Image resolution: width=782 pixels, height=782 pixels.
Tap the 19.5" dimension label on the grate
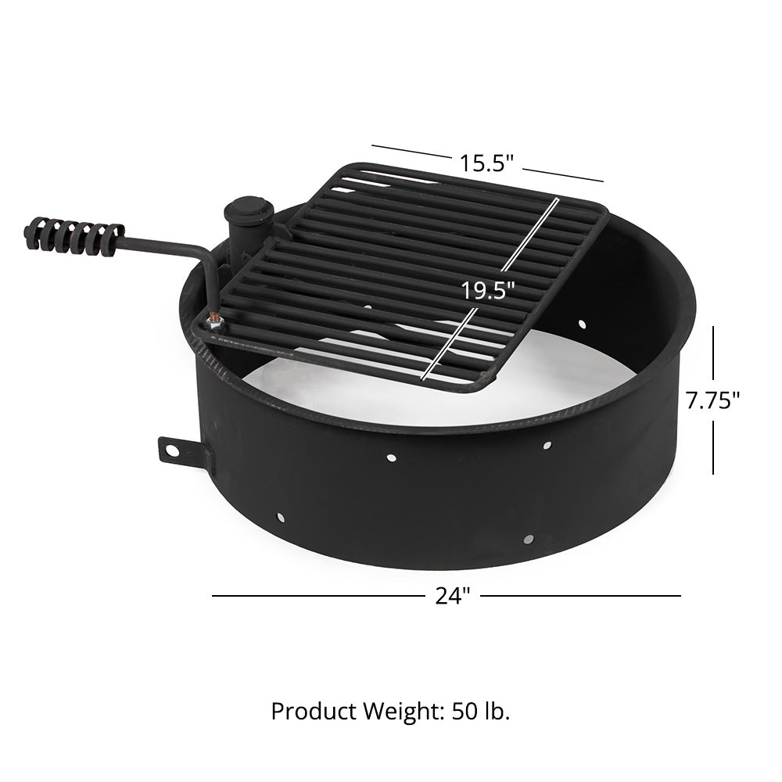(x=487, y=290)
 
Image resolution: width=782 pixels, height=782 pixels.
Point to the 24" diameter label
(x=453, y=596)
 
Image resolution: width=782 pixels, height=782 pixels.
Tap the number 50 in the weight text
(x=465, y=712)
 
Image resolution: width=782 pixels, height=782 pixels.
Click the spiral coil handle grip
(x=74, y=235)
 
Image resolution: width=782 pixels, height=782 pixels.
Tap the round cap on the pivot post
(x=249, y=209)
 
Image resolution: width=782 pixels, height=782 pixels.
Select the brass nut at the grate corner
(x=213, y=320)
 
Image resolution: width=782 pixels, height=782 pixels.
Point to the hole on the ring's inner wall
(x=583, y=323)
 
